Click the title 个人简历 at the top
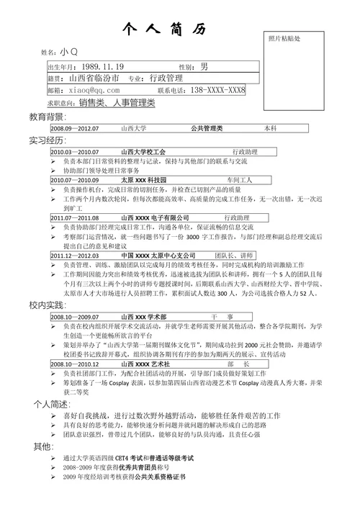(166, 29)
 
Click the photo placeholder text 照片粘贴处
(284, 37)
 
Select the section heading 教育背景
(47, 117)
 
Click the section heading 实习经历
(47, 140)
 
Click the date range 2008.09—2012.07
(74, 128)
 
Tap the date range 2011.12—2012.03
(75, 256)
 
